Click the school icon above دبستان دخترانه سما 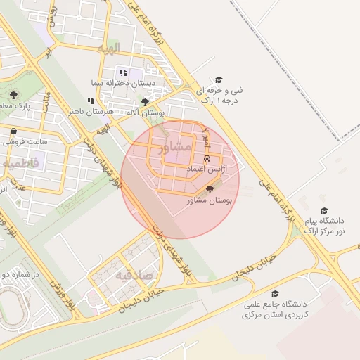tap(123, 72)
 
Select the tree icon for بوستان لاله tap(145, 102)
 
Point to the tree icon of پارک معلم tap(13, 95)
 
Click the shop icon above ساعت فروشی tap(13, 131)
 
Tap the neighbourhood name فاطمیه tap(21, 163)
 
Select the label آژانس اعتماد tap(205, 171)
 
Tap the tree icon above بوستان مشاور tap(209, 189)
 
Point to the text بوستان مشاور tap(209, 200)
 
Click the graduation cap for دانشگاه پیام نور tap(324, 210)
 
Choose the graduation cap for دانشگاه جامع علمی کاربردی tap(274, 293)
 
